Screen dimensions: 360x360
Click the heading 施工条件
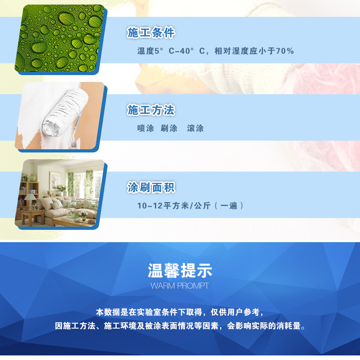151,32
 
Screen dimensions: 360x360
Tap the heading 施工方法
151,110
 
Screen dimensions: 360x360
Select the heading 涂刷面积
151,187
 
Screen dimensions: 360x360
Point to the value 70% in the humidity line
285,51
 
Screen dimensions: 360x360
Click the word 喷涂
145,128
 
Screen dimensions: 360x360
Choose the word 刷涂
169,128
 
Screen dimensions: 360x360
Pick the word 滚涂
195,128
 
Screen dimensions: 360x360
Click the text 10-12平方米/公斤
174,205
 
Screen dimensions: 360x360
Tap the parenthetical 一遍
229,205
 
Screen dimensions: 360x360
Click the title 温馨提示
180,270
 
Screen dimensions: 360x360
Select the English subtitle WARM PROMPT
180,286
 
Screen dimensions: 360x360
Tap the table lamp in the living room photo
31,199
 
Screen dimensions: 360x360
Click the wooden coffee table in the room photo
73,222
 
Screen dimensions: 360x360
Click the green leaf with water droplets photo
59,38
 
